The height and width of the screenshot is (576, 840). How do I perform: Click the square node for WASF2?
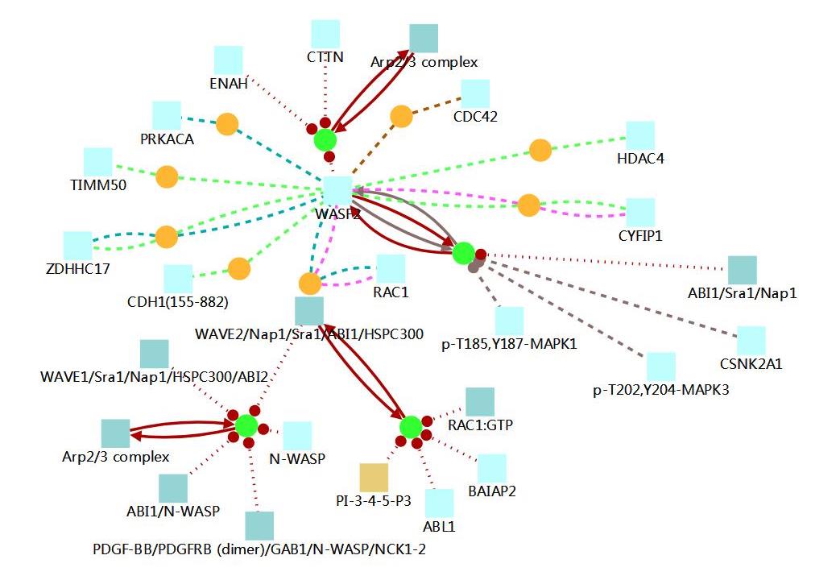(338, 190)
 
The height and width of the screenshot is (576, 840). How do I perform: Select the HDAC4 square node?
(640, 135)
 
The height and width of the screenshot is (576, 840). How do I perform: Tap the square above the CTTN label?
(325, 34)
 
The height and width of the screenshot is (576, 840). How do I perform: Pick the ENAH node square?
(229, 60)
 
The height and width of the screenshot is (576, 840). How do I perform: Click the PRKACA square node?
(166, 115)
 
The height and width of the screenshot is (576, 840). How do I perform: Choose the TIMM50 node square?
(97, 162)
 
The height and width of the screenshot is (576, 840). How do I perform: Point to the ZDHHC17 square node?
(78, 245)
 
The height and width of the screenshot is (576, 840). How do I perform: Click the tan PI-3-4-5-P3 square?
(374, 477)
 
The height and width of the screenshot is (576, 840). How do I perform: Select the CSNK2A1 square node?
(751, 340)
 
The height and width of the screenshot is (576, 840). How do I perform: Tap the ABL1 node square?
(439, 503)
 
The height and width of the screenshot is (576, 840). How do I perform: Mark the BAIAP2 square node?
(492, 467)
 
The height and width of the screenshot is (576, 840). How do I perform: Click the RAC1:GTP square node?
(480, 401)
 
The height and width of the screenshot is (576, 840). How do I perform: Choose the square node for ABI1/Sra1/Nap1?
(743, 270)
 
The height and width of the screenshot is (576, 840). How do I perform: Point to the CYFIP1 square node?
(640, 212)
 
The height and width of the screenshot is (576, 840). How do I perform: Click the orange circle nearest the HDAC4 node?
(540, 150)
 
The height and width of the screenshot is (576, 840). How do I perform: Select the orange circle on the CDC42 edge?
(401, 116)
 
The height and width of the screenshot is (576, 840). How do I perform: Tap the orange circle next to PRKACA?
(227, 124)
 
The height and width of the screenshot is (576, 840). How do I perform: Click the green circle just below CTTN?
(325, 139)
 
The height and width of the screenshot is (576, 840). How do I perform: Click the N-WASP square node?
(297, 435)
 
